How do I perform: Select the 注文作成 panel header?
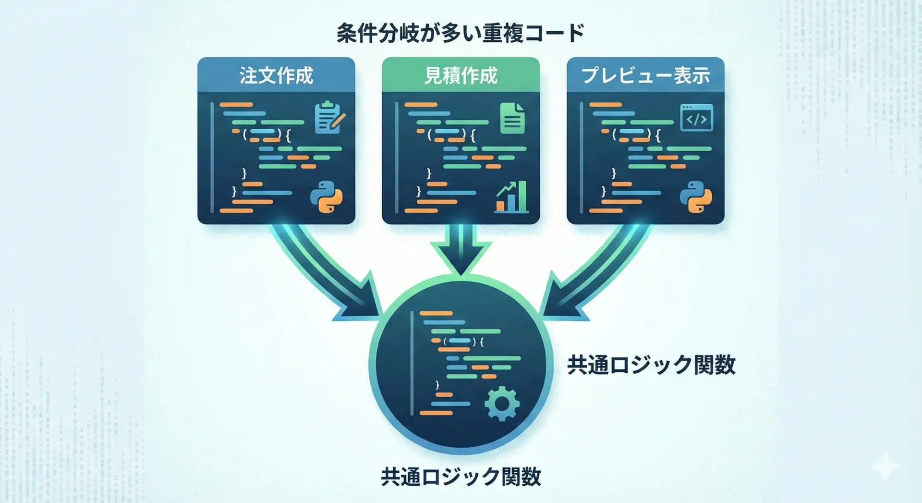[x=276, y=75]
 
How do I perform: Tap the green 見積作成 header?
[x=461, y=75]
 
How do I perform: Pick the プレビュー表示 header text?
[x=645, y=75]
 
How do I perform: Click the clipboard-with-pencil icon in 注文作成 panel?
[x=329, y=117]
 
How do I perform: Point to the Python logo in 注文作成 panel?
[x=327, y=197]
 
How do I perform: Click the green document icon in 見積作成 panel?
[x=512, y=118]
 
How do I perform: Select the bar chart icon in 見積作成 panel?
[x=512, y=197]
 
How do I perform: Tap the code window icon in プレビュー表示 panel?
[x=696, y=118]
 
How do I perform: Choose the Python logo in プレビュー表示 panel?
[x=696, y=197]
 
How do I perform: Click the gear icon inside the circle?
[x=502, y=404]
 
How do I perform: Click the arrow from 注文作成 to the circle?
[x=331, y=274]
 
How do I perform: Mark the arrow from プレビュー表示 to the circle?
[x=591, y=274]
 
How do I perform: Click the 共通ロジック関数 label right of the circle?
[x=651, y=365]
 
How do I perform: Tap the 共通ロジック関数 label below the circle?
[x=461, y=477]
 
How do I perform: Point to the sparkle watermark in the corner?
[x=885, y=466]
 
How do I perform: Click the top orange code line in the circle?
[x=436, y=314]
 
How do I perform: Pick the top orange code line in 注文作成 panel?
[x=236, y=105]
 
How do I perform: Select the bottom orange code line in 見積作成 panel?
[x=421, y=210]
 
